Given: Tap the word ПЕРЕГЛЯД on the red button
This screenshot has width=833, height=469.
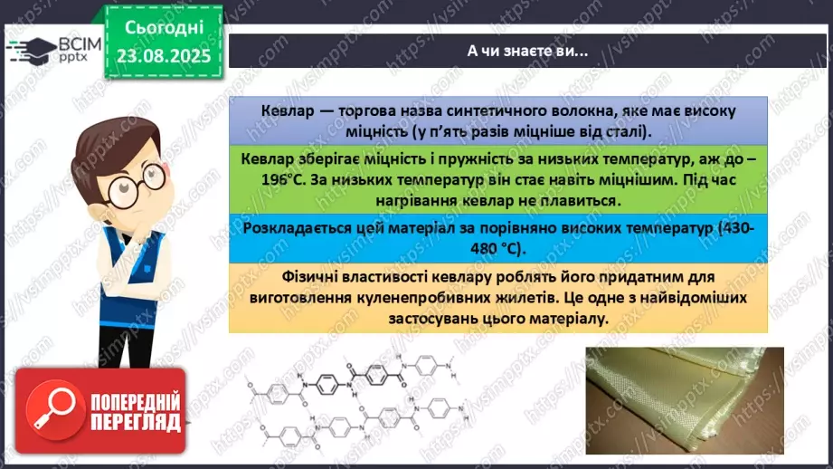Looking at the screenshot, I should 133,422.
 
